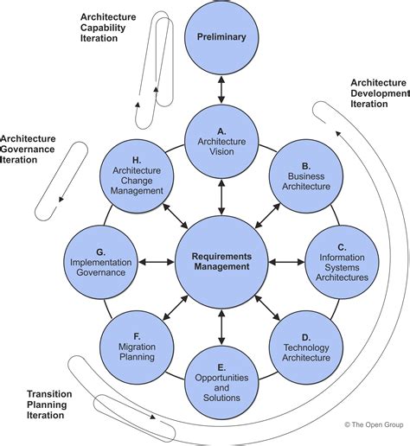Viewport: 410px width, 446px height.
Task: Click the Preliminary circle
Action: click(x=221, y=38)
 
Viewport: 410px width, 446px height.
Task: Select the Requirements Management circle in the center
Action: click(x=221, y=262)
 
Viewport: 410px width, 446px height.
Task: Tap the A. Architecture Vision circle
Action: click(x=221, y=142)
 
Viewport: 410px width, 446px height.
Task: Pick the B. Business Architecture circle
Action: click(x=306, y=176)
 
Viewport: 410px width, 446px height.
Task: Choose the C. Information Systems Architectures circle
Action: click(x=342, y=262)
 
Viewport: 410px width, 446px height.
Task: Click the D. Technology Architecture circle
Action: click(x=306, y=347)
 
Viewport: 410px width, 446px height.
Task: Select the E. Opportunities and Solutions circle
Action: click(x=221, y=383)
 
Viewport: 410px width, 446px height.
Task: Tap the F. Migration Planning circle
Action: click(x=137, y=347)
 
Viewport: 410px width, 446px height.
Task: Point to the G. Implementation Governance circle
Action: click(x=101, y=262)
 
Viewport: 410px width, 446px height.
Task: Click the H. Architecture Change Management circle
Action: click(x=137, y=176)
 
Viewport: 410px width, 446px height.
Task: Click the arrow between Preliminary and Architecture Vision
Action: click(x=221, y=90)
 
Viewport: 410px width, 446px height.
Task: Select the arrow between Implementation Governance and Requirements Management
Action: click(x=157, y=262)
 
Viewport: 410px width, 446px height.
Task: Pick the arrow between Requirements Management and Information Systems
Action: click(x=286, y=262)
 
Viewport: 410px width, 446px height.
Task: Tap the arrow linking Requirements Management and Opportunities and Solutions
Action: click(x=221, y=328)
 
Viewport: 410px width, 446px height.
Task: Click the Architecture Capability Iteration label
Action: click(x=108, y=28)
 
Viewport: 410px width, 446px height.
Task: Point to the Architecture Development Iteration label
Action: click(x=380, y=93)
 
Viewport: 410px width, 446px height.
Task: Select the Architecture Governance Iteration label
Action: click(x=28, y=150)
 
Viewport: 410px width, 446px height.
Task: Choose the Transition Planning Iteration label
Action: click(x=49, y=405)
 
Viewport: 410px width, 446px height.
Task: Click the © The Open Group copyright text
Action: click(x=374, y=424)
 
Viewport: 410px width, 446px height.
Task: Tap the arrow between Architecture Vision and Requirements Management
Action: click(x=221, y=197)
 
